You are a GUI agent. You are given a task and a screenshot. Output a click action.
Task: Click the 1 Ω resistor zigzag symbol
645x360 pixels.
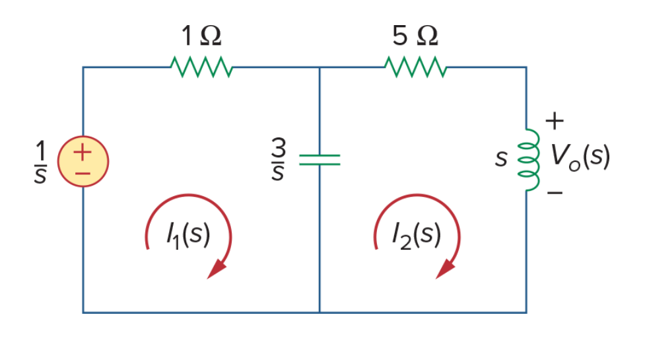(x=201, y=67)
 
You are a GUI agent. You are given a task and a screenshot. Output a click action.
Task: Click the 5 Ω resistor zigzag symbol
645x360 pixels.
(x=415, y=67)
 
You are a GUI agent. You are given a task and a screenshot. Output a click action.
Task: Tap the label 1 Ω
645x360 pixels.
(x=201, y=36)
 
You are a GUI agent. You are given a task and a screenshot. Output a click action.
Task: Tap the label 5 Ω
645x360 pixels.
(x=415, y=36)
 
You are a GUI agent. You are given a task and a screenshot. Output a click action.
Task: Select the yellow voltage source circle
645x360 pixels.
(x=83, y=161)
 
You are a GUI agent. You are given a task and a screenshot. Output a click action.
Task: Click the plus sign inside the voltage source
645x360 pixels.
(x=83, y=152)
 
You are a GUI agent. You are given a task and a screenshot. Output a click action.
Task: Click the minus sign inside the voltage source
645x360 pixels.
(x=83, y=174)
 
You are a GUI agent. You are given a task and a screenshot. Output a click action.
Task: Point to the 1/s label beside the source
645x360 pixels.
(x=40, y=161)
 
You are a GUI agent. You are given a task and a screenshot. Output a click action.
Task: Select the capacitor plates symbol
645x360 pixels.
(x=320, y=160)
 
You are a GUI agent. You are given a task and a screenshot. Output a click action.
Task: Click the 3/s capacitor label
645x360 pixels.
(x=279, y=159)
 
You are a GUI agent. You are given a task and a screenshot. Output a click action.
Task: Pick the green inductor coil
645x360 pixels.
(x=529, y=160)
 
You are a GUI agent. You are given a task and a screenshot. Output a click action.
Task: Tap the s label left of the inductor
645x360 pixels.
(x=501, y=159)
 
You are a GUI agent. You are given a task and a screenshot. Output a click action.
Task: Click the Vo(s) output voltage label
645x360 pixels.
(x=580, y=157)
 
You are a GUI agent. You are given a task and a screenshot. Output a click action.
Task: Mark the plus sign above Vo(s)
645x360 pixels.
(x=555, y=121)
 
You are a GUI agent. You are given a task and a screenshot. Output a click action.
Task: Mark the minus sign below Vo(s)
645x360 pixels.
(x=555, y=192)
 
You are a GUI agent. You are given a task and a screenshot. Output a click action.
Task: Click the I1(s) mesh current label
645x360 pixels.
(x=188, y=235)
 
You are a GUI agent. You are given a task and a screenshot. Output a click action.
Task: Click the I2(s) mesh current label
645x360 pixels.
(x=417, y=235)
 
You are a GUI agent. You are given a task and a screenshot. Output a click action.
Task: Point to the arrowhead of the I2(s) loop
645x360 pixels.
(x=445, y=270)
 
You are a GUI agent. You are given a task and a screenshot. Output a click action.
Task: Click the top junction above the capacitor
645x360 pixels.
(x=320, y=67)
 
